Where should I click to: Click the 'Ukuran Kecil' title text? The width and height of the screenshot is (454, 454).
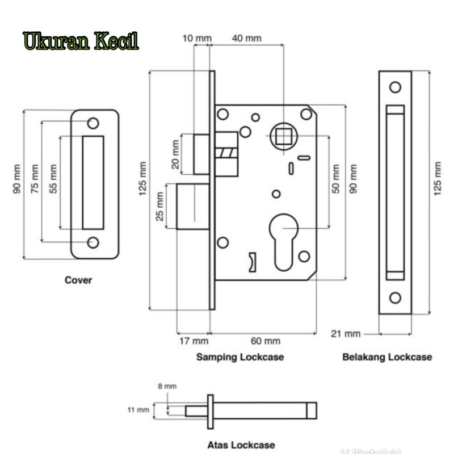click(x=81, y=42)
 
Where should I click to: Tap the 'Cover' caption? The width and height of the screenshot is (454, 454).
click(x=78, y=280)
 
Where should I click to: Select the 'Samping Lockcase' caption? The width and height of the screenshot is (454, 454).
click(x=240, y=358)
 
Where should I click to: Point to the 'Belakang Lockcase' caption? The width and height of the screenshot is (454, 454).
click(x=387, y=358)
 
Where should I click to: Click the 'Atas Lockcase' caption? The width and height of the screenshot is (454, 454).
click(x=241, y=445)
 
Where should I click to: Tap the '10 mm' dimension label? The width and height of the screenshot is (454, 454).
click(x=197, y=38)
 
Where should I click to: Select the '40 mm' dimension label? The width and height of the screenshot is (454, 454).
click(x=247, y=38)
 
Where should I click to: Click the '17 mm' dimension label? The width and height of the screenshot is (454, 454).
click(x=194, y=341)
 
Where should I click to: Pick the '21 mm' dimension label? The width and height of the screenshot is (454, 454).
click(x=346, y=333)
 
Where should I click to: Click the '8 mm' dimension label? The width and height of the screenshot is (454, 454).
click(x=167, y=386)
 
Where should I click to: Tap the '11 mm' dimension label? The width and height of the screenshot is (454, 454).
click(x=139, y=409)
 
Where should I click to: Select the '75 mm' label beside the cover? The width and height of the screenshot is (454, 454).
click(x=35, y=179)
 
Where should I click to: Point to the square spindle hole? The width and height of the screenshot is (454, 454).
click(x=281, y=137)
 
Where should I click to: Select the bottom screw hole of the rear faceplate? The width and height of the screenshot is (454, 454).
click(x=395, y=298)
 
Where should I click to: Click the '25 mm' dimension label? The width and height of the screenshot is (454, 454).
click(x=161, y=207)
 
